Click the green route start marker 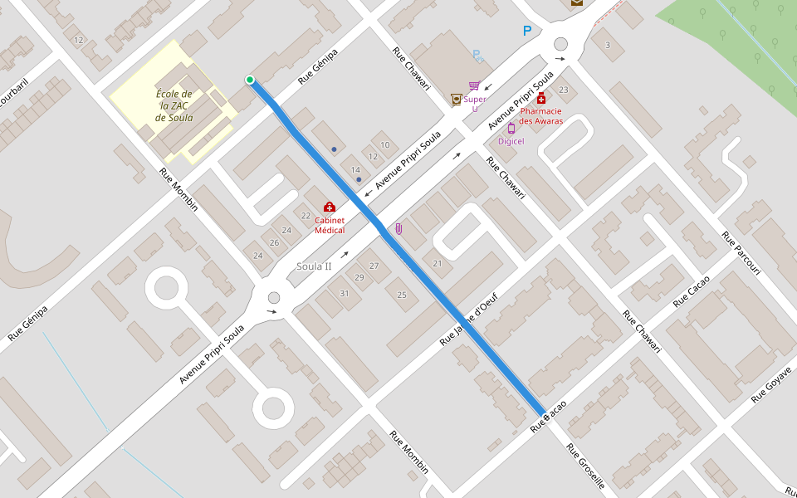click(249, 80)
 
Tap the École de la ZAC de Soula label click(174, 105)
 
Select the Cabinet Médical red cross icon click(330, 207)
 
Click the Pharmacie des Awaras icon click(541, 99)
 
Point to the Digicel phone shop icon click(511, 128)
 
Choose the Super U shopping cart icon click(474, 85)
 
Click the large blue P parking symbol click(526, 32)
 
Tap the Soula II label click(314, 266)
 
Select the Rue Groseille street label click(586, 466)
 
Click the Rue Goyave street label click(773, 383)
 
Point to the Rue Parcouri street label click(741, 254)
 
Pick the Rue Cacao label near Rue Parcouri click(692, 291)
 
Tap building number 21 click(438, 263)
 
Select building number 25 click(402, 295)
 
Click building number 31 click(345, 293)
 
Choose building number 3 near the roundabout click(608, 45)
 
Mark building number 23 click(563, 90)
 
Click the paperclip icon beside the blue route click(398, 228)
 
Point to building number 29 click(359, 277)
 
